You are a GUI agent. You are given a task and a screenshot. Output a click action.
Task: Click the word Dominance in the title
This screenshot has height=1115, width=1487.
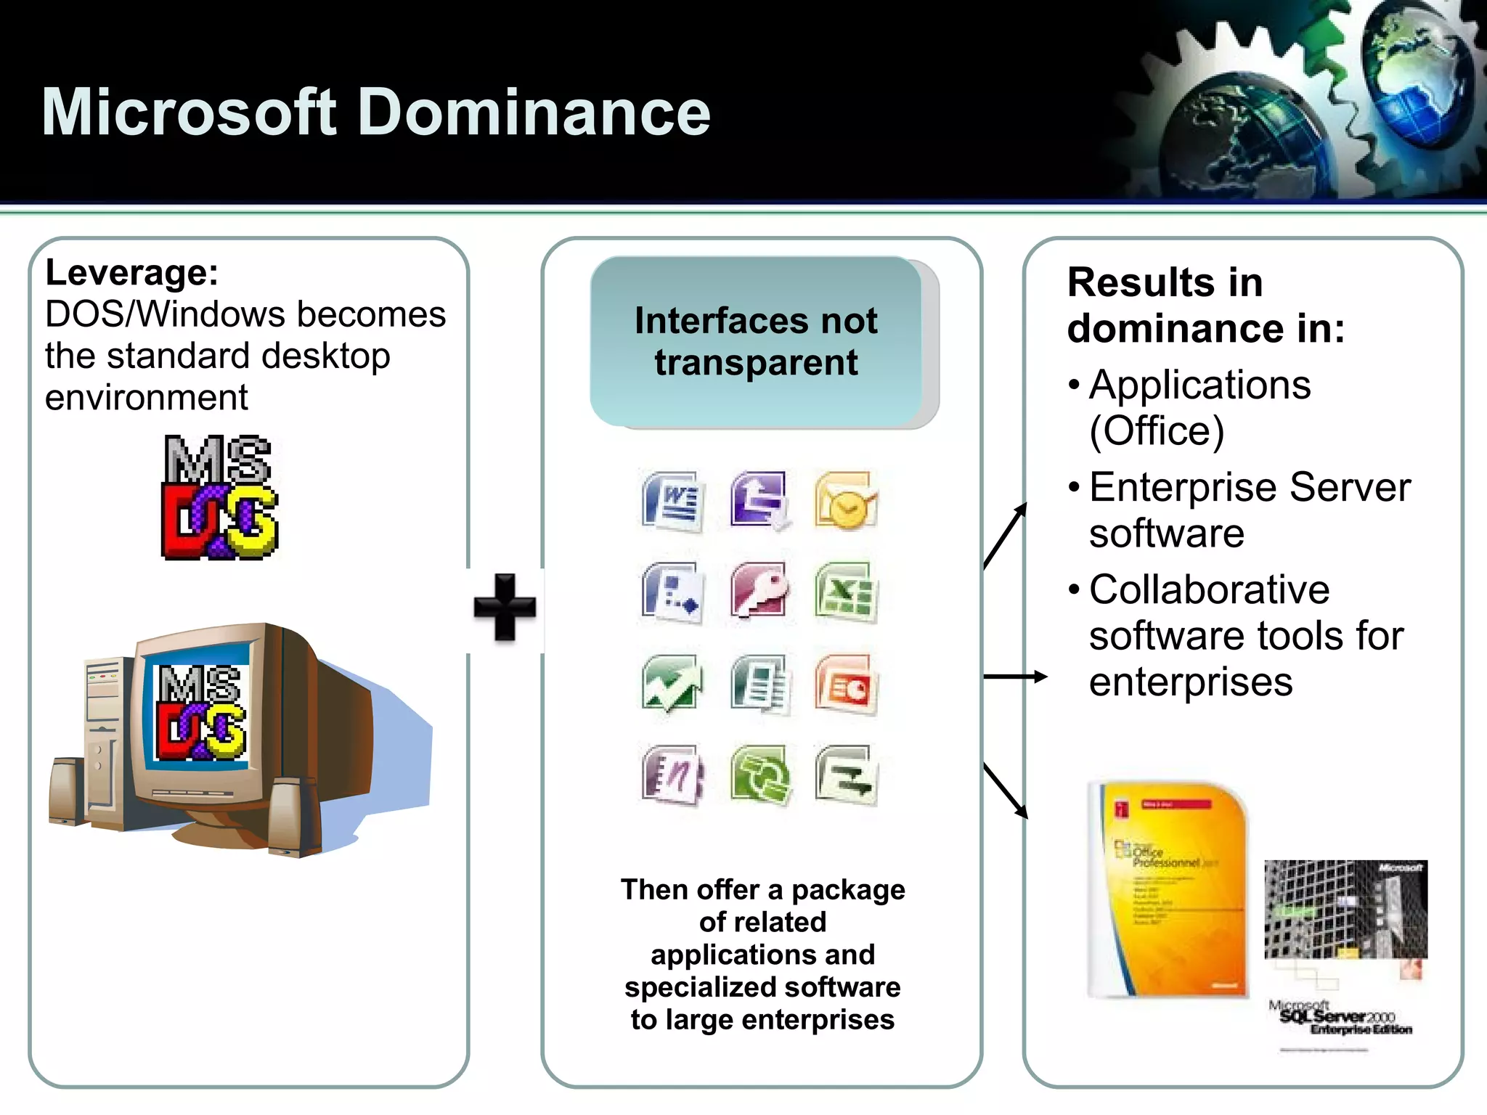click(x=534, y=113)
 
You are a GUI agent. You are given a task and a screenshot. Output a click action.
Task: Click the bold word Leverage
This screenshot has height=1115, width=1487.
click(x=131, y=273)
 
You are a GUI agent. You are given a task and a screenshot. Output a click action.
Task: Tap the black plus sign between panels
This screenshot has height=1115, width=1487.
click(x=505, y=608)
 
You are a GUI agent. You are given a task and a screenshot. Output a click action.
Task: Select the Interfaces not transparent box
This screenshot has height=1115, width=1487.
click(x=757, y=341)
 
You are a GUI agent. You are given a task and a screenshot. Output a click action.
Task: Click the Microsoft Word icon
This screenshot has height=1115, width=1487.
click(x=672, y=501)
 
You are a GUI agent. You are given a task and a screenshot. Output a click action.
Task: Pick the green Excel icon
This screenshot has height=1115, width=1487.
click(x=845, y=592)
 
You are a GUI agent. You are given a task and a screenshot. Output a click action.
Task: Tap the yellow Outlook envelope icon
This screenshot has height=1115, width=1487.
click(x=845, y=501)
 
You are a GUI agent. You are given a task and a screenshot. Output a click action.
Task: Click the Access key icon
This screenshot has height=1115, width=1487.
click(x=759, y=592)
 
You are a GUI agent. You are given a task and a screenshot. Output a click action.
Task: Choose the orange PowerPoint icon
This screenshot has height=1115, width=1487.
click(x=845, y=684)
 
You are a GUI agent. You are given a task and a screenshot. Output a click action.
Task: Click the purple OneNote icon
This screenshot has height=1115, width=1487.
click(x=672, y=775)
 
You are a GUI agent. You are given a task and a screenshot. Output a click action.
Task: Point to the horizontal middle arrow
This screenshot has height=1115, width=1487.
click(x=1015, y=677)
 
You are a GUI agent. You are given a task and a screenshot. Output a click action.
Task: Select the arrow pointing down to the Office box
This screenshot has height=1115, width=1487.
click(x=1006, y=791)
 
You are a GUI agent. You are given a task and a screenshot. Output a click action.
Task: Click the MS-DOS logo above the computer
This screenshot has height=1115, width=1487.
click(x=219, y=497)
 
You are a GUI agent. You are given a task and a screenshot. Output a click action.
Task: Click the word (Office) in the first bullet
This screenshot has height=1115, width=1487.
click(x=1157, y=431)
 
